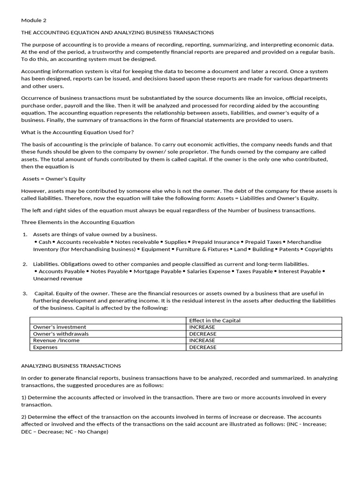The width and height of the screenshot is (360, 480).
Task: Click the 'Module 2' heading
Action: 34,20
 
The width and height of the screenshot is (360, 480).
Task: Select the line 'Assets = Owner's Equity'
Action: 54,179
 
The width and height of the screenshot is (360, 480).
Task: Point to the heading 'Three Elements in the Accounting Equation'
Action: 78,222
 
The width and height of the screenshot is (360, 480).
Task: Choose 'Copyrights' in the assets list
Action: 319,249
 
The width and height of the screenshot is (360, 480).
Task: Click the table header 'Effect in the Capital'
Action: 215,321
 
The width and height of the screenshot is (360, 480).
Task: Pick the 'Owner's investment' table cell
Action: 60,327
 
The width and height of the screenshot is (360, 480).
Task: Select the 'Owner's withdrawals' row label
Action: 61,334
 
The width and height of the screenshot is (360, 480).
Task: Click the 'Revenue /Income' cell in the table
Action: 56,341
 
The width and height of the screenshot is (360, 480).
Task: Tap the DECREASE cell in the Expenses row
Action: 202,347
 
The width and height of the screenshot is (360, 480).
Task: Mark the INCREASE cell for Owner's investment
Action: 202,327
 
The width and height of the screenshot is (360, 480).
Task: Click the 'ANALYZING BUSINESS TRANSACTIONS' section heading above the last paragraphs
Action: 71,366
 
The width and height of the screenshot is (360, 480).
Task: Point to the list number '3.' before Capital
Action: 25,293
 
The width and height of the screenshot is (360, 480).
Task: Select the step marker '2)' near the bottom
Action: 24,417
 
